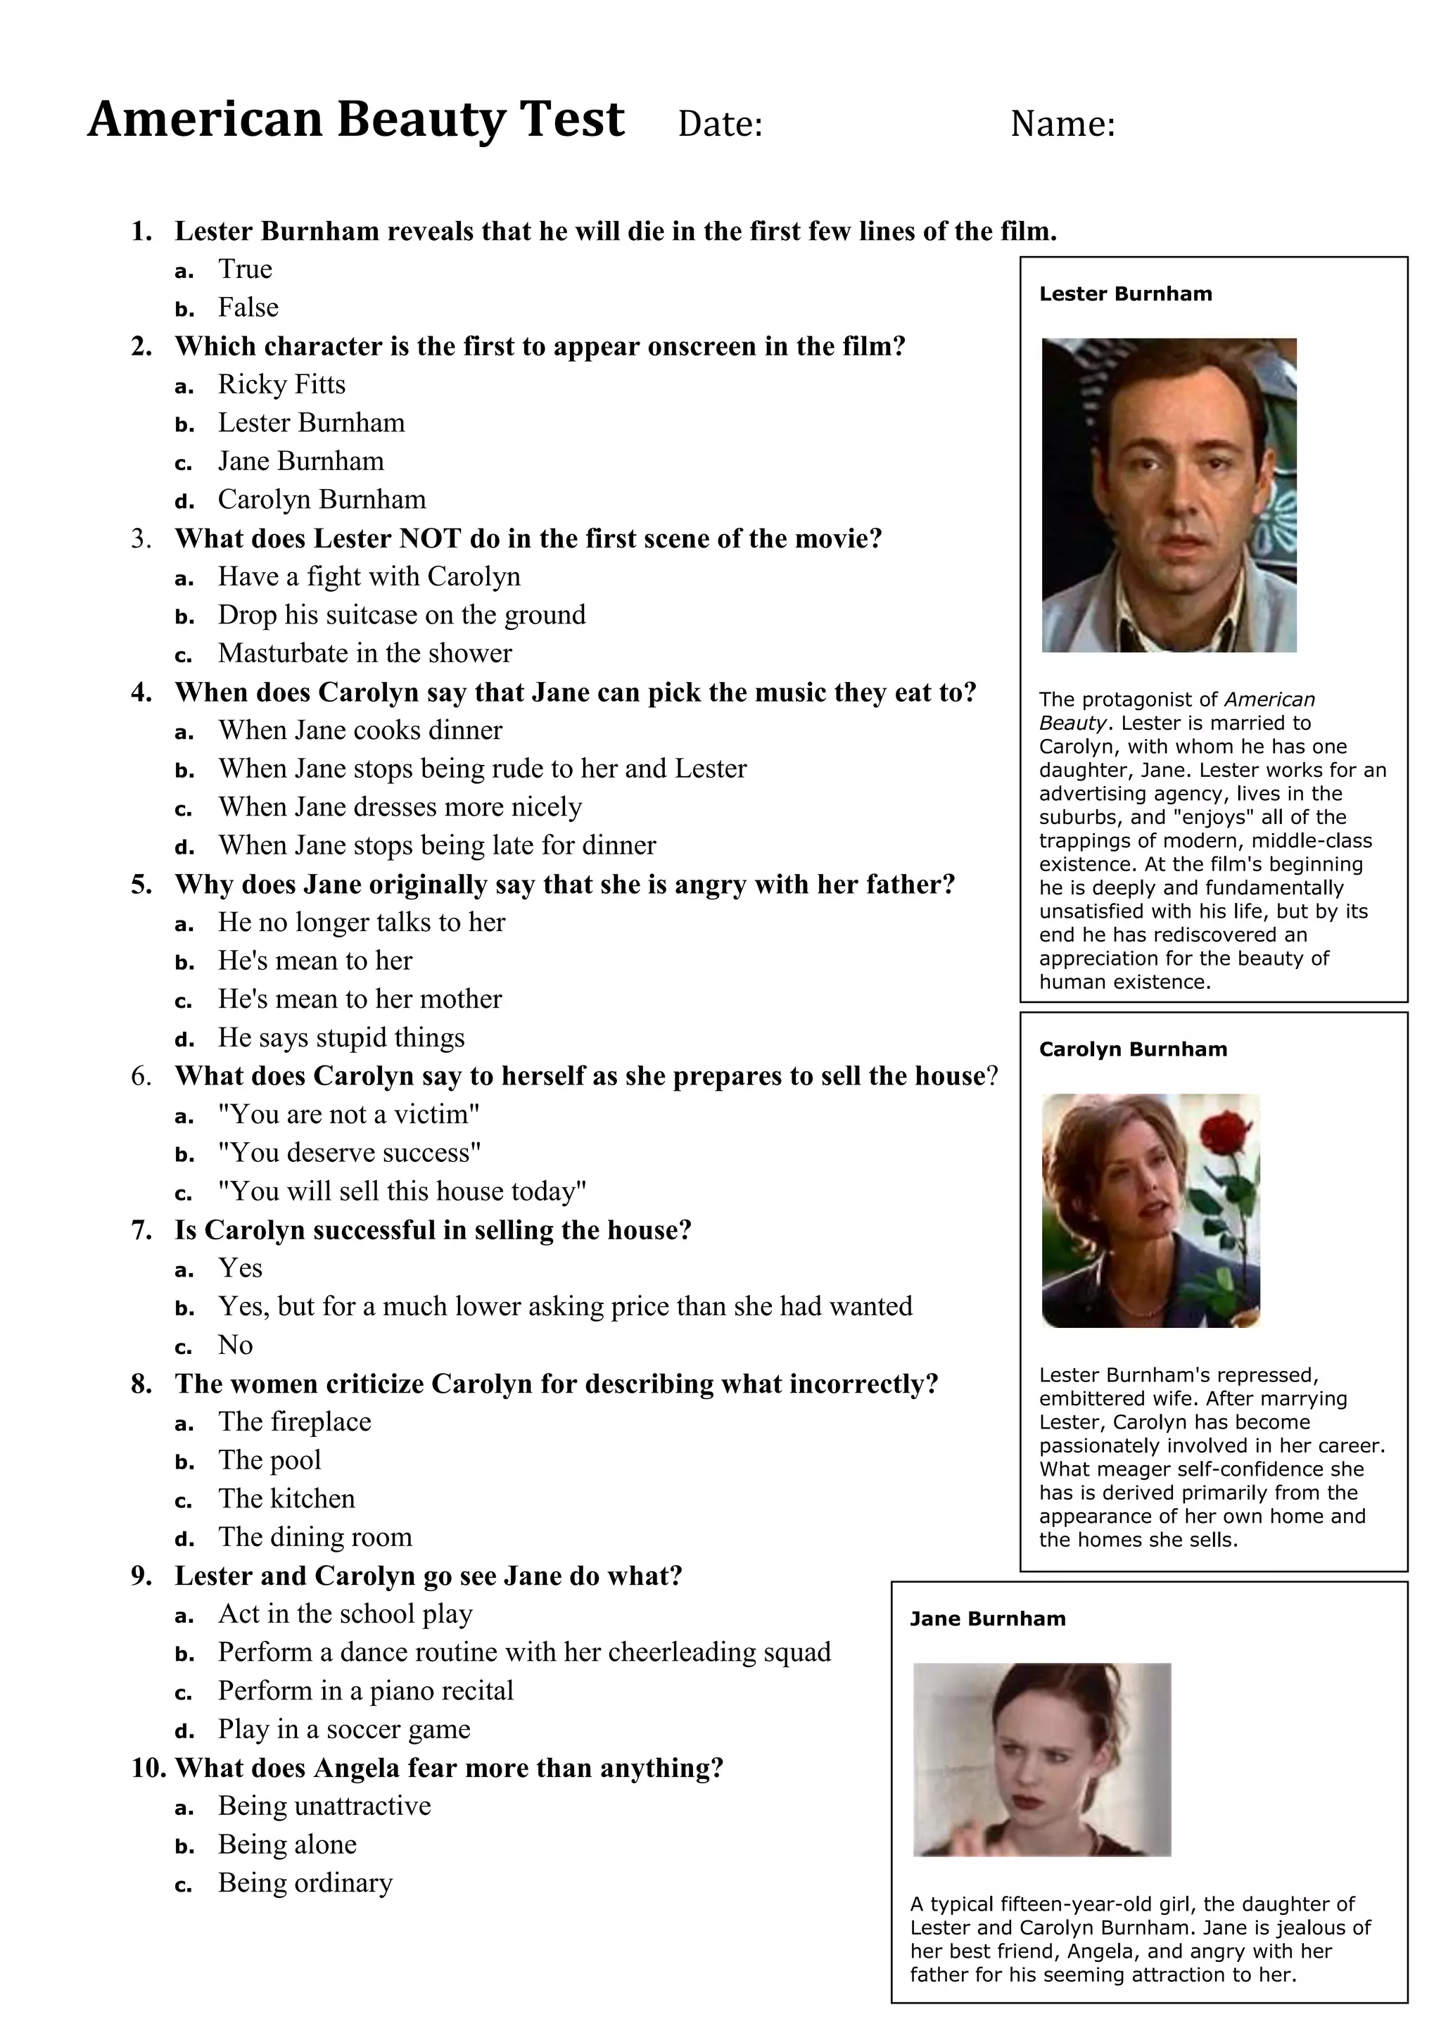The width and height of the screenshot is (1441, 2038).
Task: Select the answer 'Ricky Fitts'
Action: pos(281,384)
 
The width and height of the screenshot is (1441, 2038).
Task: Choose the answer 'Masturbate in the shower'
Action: pos(364,653)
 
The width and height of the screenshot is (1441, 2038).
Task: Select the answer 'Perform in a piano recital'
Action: pos(366,1691)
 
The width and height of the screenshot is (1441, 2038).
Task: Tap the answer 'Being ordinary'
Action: pos(305,1882)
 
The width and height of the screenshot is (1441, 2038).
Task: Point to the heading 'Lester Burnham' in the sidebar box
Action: pos(1125,293)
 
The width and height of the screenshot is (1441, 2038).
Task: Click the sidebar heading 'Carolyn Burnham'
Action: pos(1133,1049)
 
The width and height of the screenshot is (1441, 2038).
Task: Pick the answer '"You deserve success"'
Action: pos(350,1153)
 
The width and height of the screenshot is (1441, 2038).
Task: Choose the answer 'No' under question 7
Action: pos(235,1346)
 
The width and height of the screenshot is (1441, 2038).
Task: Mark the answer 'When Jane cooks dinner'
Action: pos(360,730)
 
